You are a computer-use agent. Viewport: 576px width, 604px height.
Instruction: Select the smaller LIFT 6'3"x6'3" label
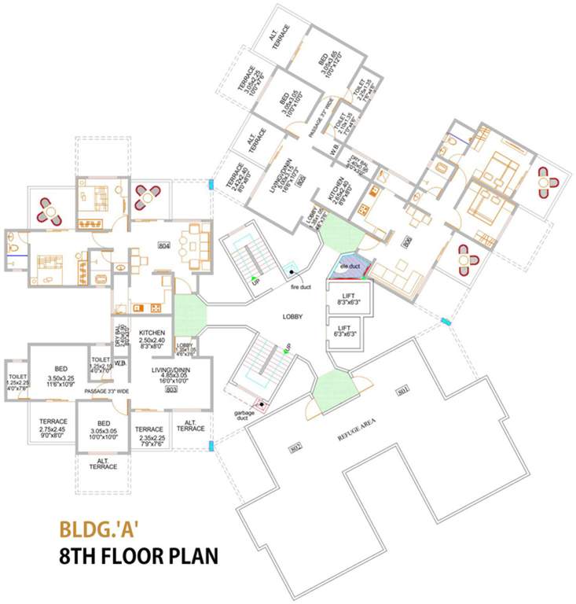(343, 330)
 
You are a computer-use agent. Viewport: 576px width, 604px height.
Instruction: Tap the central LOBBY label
(293, 316)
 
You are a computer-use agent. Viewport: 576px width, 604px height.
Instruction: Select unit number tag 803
(172, 389)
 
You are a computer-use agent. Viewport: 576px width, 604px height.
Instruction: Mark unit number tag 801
(403, 390)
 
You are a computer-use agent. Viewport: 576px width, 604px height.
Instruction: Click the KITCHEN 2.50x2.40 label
(145, 337)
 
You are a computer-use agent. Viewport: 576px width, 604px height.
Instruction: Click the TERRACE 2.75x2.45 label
(53, 426)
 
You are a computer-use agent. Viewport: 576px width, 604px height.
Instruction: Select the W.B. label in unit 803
(120, 363)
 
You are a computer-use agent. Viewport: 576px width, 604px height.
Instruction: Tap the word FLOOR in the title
(138, 558)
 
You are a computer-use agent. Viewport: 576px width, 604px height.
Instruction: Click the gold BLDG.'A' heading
(99, 528)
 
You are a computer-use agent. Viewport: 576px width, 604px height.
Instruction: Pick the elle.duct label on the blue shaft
(349, 267)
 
